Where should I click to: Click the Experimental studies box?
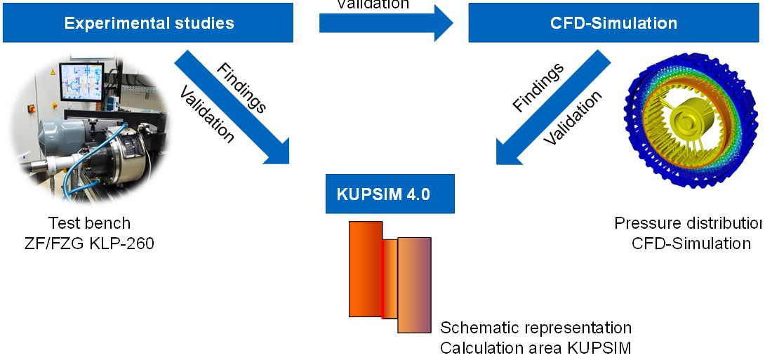(x=149, y=22)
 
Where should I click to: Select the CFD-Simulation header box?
(x=613, y=22)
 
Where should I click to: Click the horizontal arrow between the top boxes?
(x=386, y=23)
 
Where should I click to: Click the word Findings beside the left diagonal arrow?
(x=241, y=88)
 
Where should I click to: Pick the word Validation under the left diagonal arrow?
(x=208, y=114)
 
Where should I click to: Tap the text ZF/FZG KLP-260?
(x=89, y=244)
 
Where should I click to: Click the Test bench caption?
(x=89, y=224)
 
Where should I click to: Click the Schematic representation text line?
(x=535, y=328)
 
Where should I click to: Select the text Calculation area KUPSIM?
(x=535, y=347)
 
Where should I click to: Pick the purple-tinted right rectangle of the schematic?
(x=414, y=284)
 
